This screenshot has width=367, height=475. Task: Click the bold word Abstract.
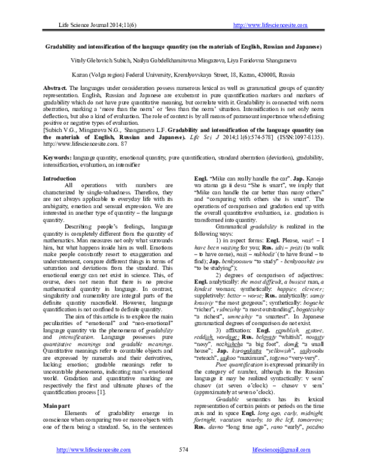[56, 89]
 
